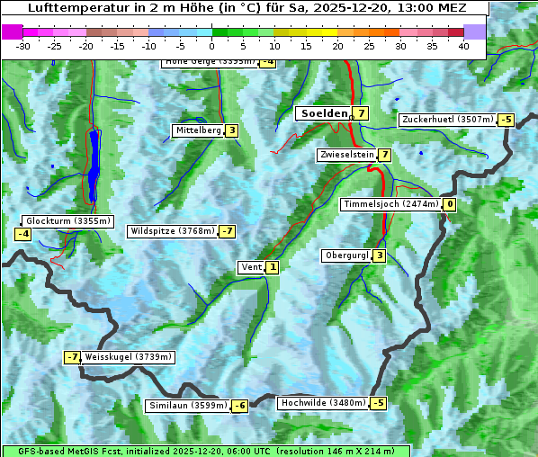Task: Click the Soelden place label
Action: pos(323,113)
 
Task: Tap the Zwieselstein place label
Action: pos(346,155)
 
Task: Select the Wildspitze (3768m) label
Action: pos(173,231)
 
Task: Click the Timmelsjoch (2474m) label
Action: pos(391,204)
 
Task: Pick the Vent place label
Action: pos(251,266)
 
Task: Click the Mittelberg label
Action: pos(198,130)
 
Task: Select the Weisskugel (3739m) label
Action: pos(128,357)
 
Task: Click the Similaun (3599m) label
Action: pos(187,406)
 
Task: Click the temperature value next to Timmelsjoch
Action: pos(450,204)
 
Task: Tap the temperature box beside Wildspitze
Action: pos(227,231)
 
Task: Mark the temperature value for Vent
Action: pos(272,266)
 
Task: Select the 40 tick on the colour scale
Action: pos(463,46)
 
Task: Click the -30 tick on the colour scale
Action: pos(23,46)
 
